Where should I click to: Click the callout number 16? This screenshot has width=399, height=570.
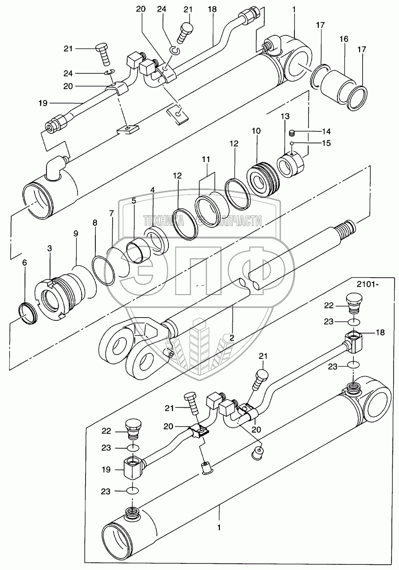coord(344,39)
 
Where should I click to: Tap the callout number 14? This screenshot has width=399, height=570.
coord(314,131)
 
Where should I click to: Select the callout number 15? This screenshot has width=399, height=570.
coord(314,143)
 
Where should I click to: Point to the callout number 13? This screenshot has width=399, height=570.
coord(284,116)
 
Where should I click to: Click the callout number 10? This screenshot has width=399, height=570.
coord(257,132)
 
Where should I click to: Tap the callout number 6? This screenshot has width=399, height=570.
coord(24,263)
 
